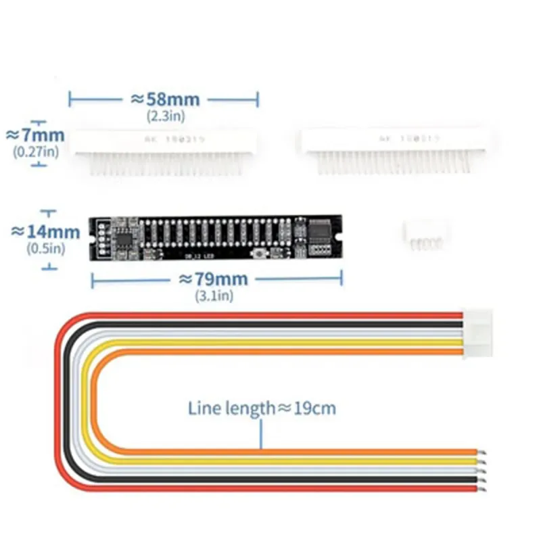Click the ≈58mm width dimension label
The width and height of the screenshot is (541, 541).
pyautogui.click(x=164, y=100)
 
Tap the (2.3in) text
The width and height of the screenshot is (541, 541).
pyautogui.click(x=164, y=116)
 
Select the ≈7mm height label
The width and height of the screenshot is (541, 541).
pyautogui.click(x=35, y=134)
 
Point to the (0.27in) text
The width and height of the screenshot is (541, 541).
pyautogui.click(x=36, y=151)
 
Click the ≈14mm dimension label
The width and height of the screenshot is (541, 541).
pyautogui.click(x=45, y=231)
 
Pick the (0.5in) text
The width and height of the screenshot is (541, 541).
pyautogui.click(x=45, y=248)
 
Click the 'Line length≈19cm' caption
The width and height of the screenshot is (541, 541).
pyautogui.click(x=262, y=408)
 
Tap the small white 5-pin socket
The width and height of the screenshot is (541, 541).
pyautogui.click(x=424, y=234)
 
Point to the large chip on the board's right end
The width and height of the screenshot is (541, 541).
pyautogui.click(x=320, y=231)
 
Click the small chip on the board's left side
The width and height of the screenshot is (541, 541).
pyautogui.click(x=126, y=236)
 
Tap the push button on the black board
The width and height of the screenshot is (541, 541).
pyautogui.click(x=259, y=253)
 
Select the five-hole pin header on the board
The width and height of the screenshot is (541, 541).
pyautogui.click(x=101, y=238)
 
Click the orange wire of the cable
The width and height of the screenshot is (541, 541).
pyautogui.click(x=270, y=451)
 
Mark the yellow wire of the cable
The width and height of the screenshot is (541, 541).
pyautogui.click(x=270, y=461)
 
